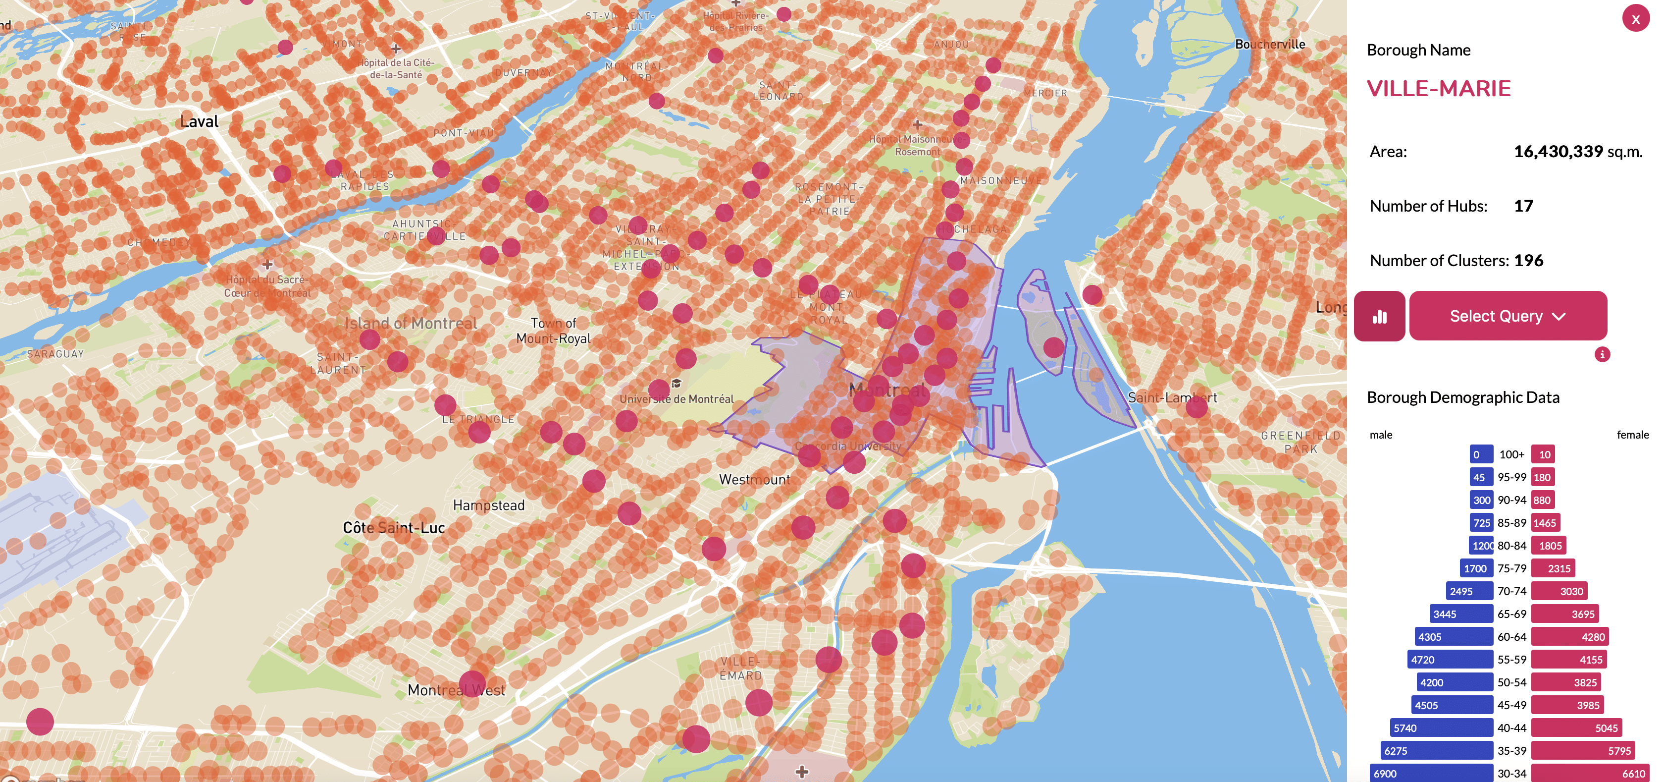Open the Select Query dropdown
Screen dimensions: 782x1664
tap(1507, 316)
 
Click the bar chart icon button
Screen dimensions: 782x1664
tap(1379, 316)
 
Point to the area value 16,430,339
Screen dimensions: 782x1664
tap(1558, 152)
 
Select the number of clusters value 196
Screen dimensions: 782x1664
tap(1528, 261)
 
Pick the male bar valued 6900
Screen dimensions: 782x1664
tap(1431, 773)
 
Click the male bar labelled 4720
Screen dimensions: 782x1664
tap(1450, 659)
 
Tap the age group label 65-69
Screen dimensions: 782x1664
tap(1511, 614)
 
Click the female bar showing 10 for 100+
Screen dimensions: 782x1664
tap(1543, 454)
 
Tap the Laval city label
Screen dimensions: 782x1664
tap(199, 121)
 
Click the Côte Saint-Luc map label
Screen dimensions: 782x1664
tap(393, 528)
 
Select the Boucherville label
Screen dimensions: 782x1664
tap(1269, 45)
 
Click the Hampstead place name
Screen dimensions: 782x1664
tap(488, 505)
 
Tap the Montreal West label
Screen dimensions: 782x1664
tap(456, 690)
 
